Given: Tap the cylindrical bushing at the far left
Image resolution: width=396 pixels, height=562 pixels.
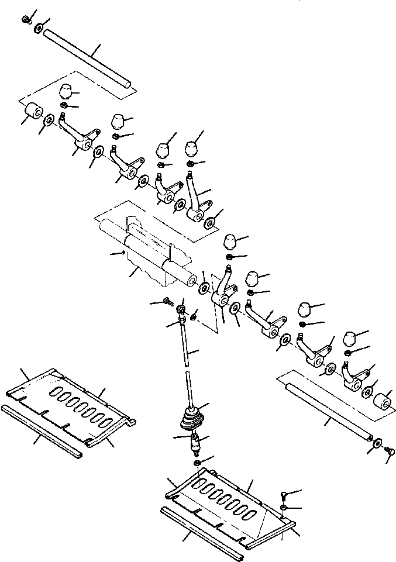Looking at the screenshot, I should (x=33, y=111).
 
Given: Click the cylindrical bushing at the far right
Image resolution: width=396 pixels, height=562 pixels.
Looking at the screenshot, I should (x=384, y=402).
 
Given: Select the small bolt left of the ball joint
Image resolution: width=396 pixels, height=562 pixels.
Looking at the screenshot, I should (x=168, y=302).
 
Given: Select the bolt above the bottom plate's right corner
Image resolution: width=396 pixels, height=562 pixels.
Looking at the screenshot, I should (x=283, y=495).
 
